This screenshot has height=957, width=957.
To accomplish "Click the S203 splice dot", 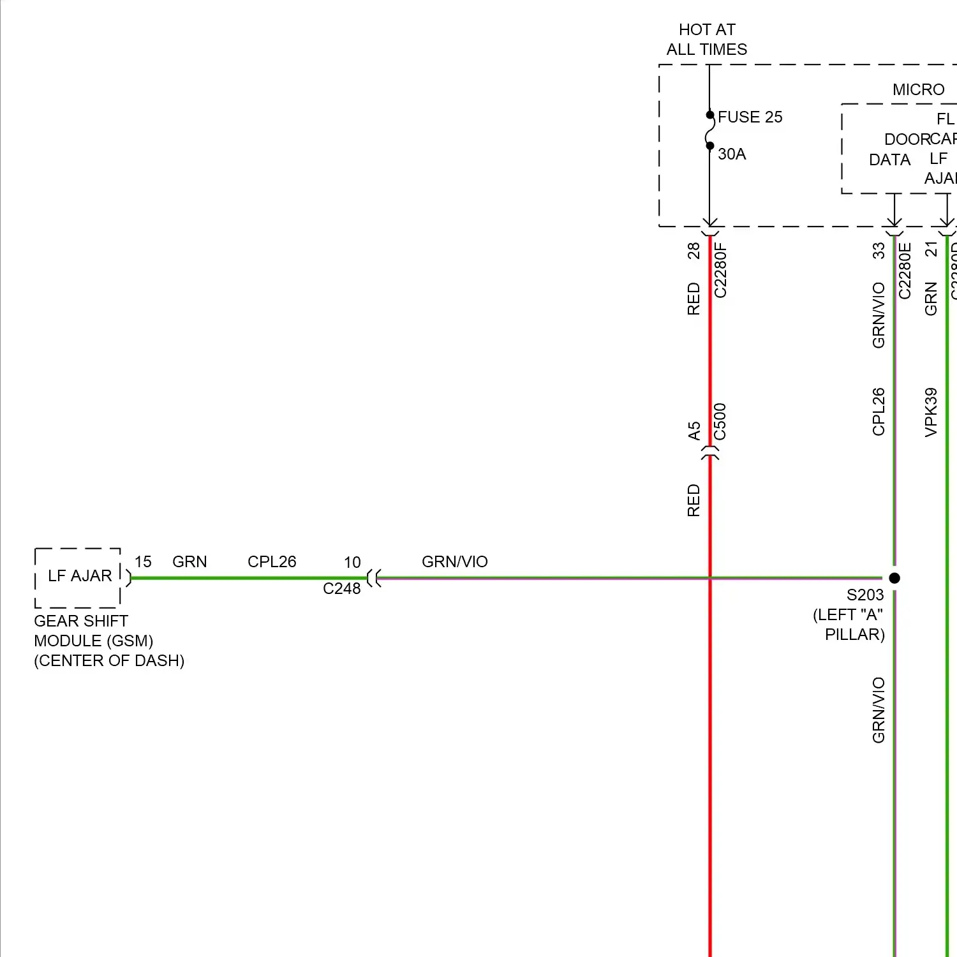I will (894, 578).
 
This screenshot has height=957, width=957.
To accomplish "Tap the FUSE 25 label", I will (750, 117).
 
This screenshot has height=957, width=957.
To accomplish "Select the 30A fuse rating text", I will (732, 154).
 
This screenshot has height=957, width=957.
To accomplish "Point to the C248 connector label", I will (341, 589).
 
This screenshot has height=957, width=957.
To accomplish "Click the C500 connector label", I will (720, 422).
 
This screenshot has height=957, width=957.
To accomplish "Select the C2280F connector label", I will (720, 270).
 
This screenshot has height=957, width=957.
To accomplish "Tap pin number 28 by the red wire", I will (694, 251).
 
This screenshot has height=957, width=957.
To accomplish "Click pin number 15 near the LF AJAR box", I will (143, 562).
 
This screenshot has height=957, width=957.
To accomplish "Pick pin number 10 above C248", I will (352, 563).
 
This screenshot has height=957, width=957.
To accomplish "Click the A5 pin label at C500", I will (694, 431).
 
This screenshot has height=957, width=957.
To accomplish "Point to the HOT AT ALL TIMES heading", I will (707, 40).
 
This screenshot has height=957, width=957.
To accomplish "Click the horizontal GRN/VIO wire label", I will (454, 562).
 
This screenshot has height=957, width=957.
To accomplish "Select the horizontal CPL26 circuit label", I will (272, 562).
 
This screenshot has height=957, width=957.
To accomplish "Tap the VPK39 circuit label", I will (931, 412).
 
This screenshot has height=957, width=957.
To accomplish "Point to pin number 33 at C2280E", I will (879, 251).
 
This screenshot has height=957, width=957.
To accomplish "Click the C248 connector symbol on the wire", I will (375, 579).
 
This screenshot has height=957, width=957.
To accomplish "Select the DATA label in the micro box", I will (889, 160).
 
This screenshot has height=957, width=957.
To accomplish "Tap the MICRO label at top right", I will (918, 90).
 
